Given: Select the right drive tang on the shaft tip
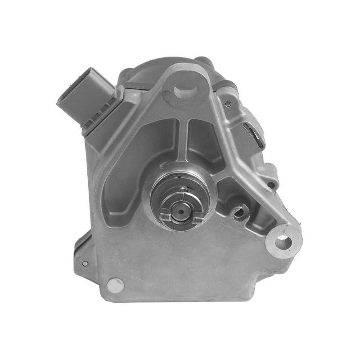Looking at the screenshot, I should (197, 219).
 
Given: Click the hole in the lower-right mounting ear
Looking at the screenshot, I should (283, 241).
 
